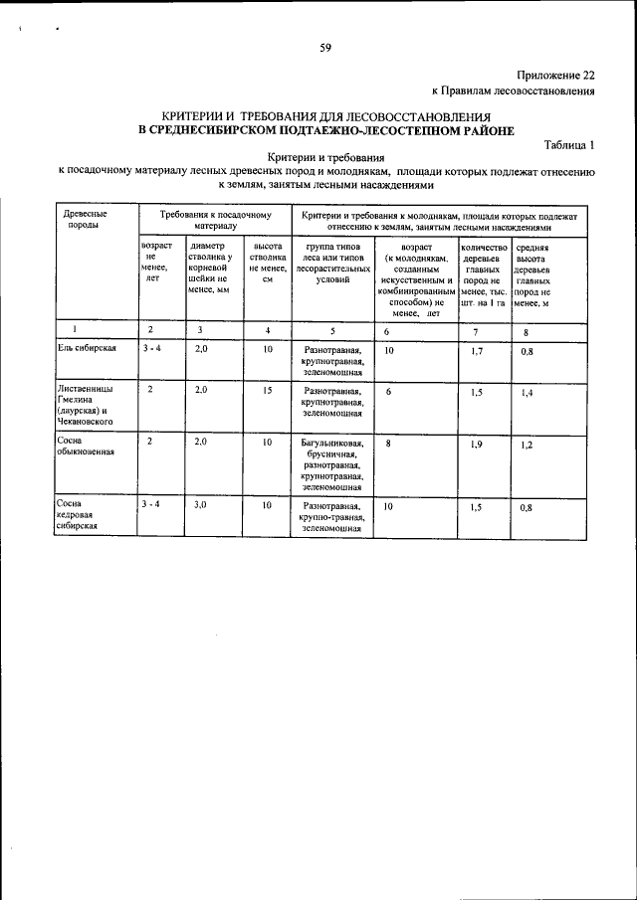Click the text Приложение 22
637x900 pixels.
tap(556, 76)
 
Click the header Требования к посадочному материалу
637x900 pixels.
tap(209, 220)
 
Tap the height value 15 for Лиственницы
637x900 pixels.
tap(268, 391)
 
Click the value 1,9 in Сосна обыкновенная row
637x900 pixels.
tap(477, 445)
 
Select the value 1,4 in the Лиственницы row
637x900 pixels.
tap(528, 395)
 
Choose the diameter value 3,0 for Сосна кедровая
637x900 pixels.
tap(200, 505)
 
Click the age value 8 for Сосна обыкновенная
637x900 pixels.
tap(387, 442)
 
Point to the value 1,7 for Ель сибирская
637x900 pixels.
tap(477, 352)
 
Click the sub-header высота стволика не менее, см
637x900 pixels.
tap(268, 263)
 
